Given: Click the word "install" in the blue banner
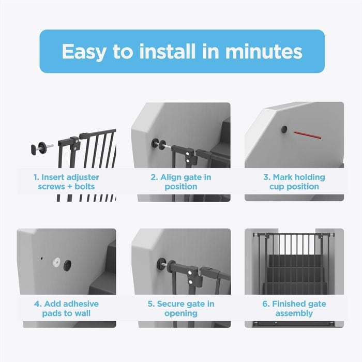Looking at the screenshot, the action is (x=168, y=51).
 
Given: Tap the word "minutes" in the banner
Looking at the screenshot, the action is (x=264, y=51).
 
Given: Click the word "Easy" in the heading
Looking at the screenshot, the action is (x=84, y=52).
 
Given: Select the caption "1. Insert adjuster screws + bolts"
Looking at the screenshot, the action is (x=66, y=182).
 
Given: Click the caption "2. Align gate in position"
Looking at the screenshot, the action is (x=181, y=182).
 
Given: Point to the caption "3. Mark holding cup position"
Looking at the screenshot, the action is (x=294, y=182).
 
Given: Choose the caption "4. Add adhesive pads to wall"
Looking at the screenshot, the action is (x=66, y=308).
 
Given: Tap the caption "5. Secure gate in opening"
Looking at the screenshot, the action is (x=181, y=308).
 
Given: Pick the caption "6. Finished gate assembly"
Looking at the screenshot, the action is (x=294, y=308).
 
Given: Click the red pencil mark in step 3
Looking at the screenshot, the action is (x=307, y=135).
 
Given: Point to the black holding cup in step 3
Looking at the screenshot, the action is (x=284, y=129).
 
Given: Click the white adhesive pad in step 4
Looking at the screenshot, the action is (x=56, y=262).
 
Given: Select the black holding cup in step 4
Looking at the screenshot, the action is (x=67, y=265).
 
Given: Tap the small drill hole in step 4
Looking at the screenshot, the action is (x=41, y=259).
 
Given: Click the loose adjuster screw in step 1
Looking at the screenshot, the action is (x=41, y=148).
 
